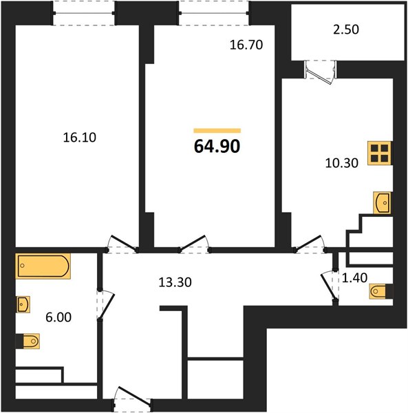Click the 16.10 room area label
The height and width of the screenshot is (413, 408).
coord(80,138)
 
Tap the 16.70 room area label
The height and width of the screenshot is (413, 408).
coord(246,45)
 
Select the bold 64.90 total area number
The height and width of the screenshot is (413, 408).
coord(217,147)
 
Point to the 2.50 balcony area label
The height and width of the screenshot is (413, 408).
coord(346,29)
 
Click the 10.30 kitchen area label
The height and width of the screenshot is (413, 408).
coord(342,163)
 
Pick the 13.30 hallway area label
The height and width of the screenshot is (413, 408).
coord(175,282)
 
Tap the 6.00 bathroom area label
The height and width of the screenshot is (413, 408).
coord(58,317)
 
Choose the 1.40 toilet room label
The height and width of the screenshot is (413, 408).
coord(354,277)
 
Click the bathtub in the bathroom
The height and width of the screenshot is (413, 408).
coord(43,266)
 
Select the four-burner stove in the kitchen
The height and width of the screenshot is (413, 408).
coord(380,153)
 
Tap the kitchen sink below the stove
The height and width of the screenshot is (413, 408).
coord(383,202)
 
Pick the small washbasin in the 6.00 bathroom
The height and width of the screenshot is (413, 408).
coord(23,304)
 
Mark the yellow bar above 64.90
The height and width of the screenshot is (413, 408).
coord(217,131)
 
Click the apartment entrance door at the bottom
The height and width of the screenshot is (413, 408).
coord(133,399)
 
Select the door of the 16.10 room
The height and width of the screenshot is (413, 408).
coord(122,244)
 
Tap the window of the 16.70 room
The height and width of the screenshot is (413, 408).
coord(213,13)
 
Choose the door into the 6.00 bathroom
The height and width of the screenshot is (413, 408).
coord(105,306)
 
